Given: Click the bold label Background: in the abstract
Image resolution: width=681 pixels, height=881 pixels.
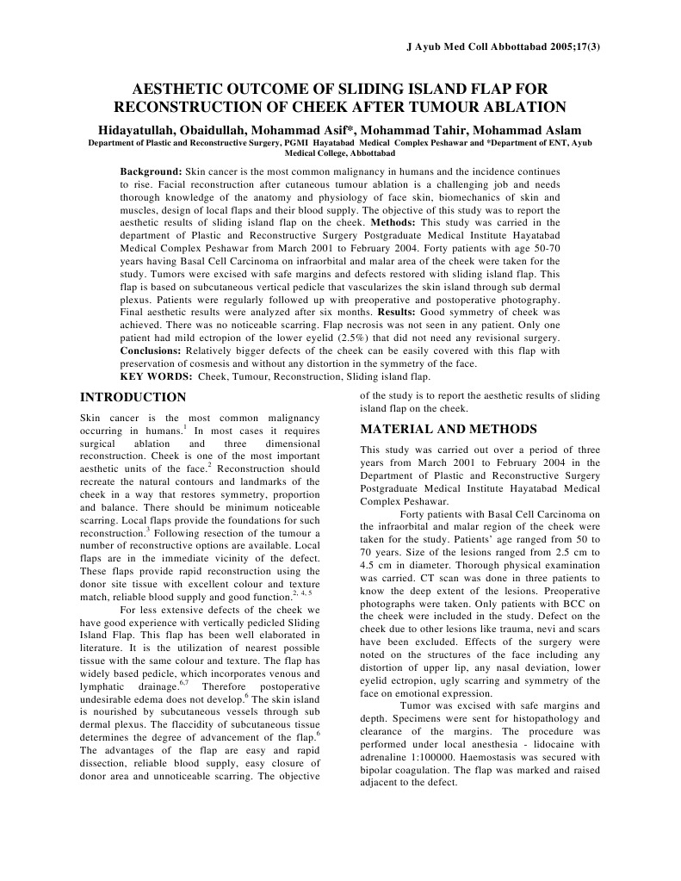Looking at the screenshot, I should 151,172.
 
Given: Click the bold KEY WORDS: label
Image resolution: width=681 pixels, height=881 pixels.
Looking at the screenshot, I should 156,376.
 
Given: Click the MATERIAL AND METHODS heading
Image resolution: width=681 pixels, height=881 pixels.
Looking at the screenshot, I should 449,429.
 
